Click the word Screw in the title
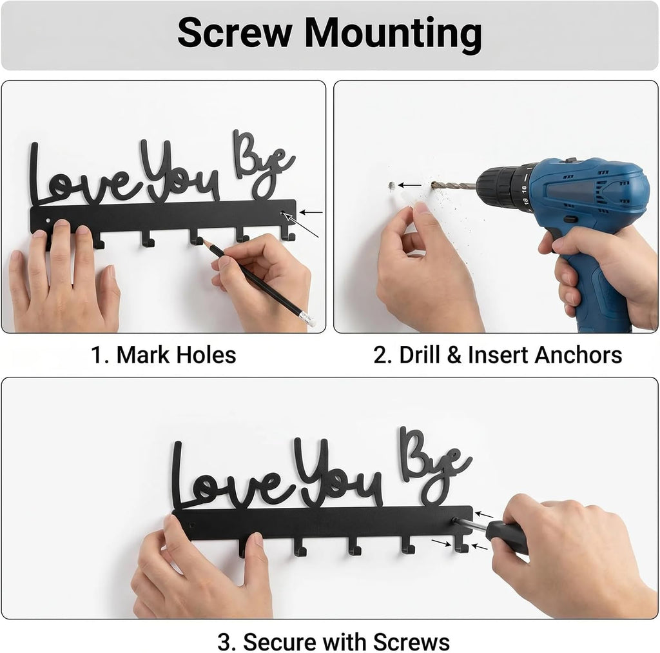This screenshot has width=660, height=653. pos(235,33)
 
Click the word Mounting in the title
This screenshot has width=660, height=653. pos(393,35)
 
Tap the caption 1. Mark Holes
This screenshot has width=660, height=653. pos(163,355)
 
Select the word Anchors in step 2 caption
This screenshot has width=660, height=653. pos(578,355)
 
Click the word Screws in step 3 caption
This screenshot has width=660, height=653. pos(411,642)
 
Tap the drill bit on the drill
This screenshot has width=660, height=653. pos(454,185)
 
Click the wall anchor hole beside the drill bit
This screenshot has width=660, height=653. pos(392,185)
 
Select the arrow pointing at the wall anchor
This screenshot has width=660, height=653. pos(409,185)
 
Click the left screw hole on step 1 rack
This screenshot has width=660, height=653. pos(48,221)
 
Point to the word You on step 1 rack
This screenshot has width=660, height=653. pos(180,170)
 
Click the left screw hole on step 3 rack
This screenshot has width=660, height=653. pos(191,526)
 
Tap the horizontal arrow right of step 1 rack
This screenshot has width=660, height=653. pos(311,212)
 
